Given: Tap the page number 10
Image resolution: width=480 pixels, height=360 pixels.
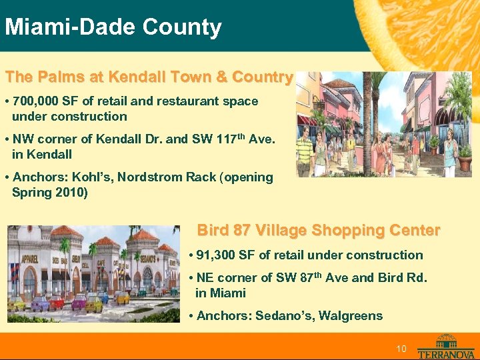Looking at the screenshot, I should click(x=401, y=349).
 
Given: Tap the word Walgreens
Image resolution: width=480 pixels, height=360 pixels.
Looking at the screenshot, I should click(x=351, y=315).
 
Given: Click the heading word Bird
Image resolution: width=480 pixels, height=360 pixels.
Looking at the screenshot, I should click(x=213, y=231).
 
